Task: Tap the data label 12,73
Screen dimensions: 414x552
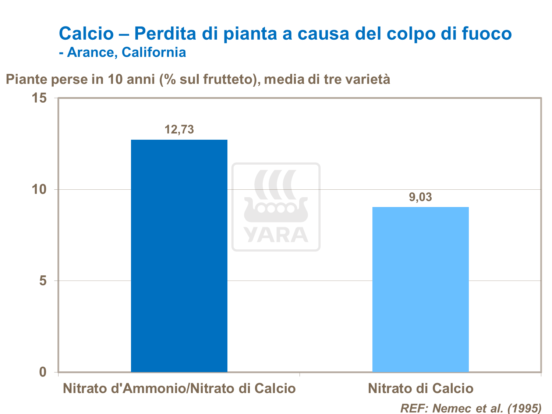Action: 179,129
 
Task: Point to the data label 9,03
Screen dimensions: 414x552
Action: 420,197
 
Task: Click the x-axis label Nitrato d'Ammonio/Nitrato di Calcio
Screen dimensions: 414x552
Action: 179,389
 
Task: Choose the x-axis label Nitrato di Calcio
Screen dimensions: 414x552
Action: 420,389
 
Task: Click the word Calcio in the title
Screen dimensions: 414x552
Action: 86,33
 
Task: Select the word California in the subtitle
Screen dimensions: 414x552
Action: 154,52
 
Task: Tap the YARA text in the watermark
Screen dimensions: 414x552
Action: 276,235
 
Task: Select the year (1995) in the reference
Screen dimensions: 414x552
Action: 524,408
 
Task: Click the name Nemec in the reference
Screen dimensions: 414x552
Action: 449,408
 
